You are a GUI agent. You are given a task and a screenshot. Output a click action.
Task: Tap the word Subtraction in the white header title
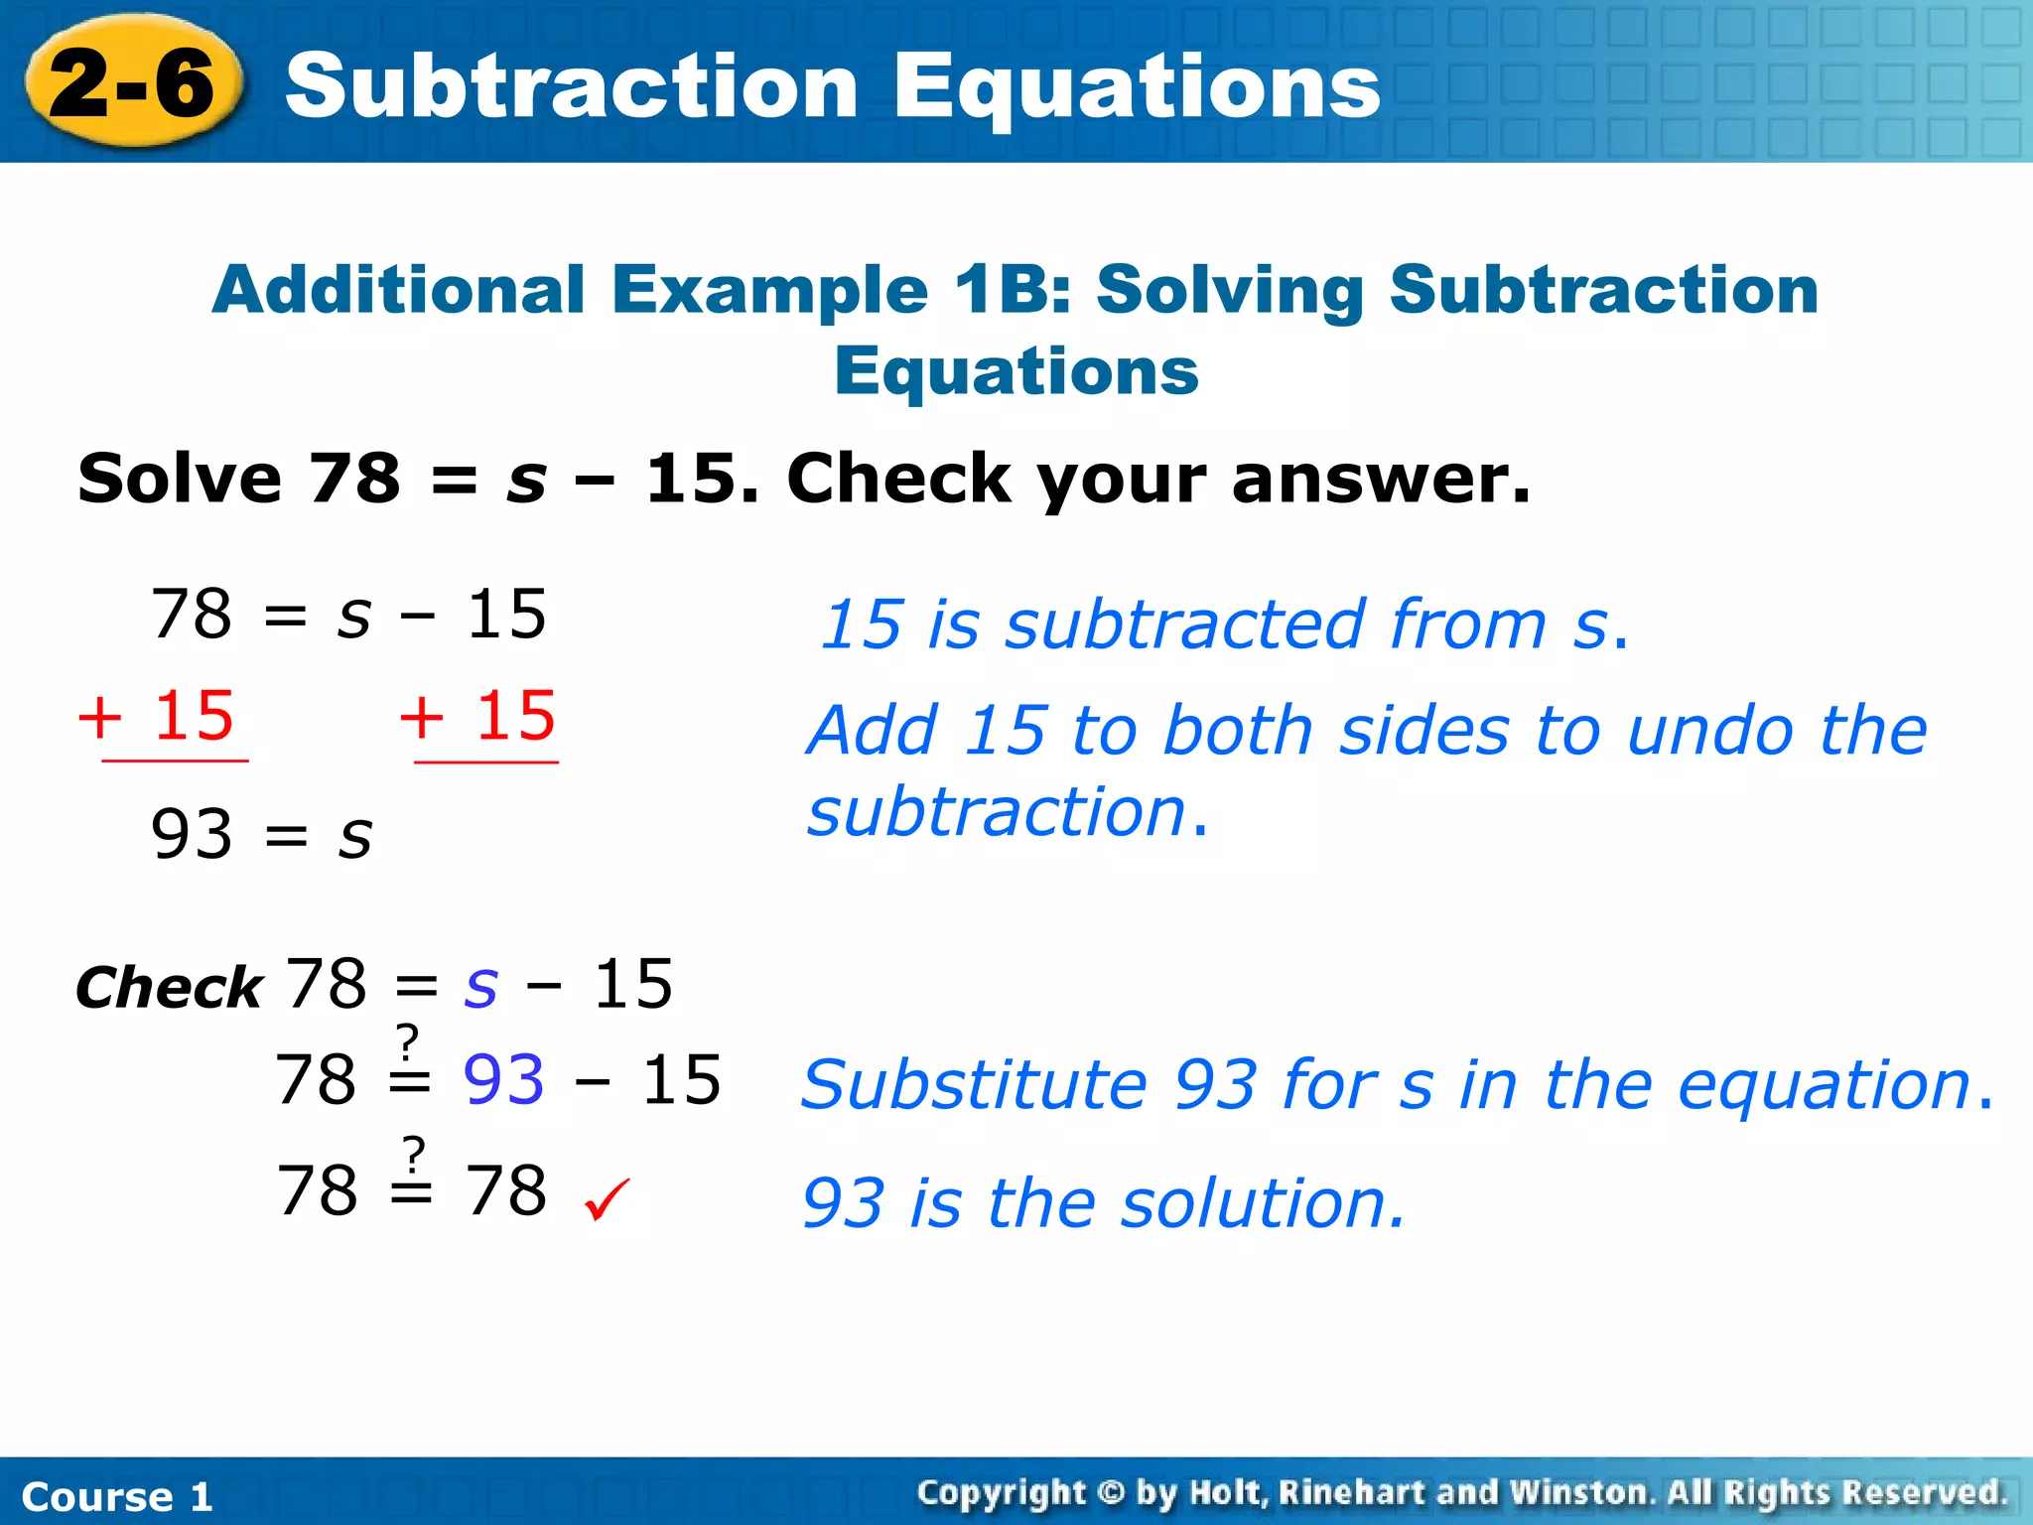click(571, 87)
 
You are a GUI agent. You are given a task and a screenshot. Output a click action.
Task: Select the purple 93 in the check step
click(504, 1080)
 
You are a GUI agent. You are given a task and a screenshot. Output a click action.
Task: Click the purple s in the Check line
click(480, 986)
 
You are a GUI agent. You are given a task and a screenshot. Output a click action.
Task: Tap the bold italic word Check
click(169, 989)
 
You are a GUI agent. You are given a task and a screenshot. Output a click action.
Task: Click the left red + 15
click(157, 716)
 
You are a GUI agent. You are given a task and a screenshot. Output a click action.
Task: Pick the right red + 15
click(478, 716)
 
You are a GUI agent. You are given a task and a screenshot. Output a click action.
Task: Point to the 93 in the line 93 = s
click(192, 835)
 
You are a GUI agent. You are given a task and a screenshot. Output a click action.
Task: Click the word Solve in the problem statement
click(180, 479)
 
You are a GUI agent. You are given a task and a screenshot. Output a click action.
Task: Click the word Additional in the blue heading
click(398, 291)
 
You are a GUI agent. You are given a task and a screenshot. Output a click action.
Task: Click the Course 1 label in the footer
click(117, 1496)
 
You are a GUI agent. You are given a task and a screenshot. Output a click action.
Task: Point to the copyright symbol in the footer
click(1111, 1493)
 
